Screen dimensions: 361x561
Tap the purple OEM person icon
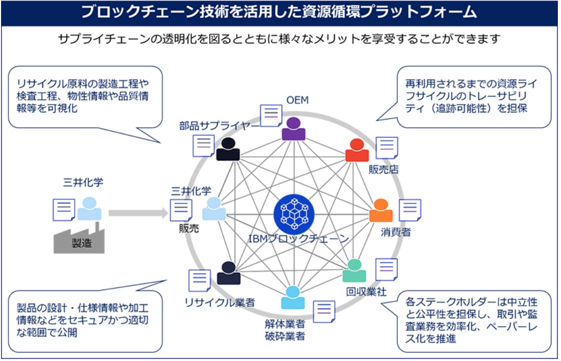[x=294, y=128]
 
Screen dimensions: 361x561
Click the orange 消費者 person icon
[x=381, y=211]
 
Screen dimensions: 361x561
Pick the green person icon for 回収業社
[x=354, y=271]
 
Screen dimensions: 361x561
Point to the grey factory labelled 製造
[x=78, y=240]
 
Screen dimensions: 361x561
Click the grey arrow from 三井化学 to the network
[x=138, y=212]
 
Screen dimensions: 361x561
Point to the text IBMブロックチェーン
[x=298, y=238]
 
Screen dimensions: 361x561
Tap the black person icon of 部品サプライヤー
[x=228, y=149]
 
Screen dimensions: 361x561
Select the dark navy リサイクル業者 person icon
[x=228, y=273]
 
